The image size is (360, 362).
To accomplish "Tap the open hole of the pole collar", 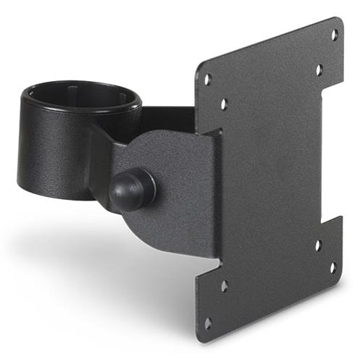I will pyautogui.click(x=80, y=97).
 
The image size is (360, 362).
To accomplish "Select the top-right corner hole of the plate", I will pyautogui.click(x=334, y=34).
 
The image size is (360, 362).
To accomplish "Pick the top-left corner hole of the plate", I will pyautogui.click(x=207, y=79).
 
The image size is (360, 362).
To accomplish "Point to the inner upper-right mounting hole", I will pyautogui.click(x=319, y=70).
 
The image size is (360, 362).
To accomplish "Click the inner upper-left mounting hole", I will pyautogui.click(x=224, y=104).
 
